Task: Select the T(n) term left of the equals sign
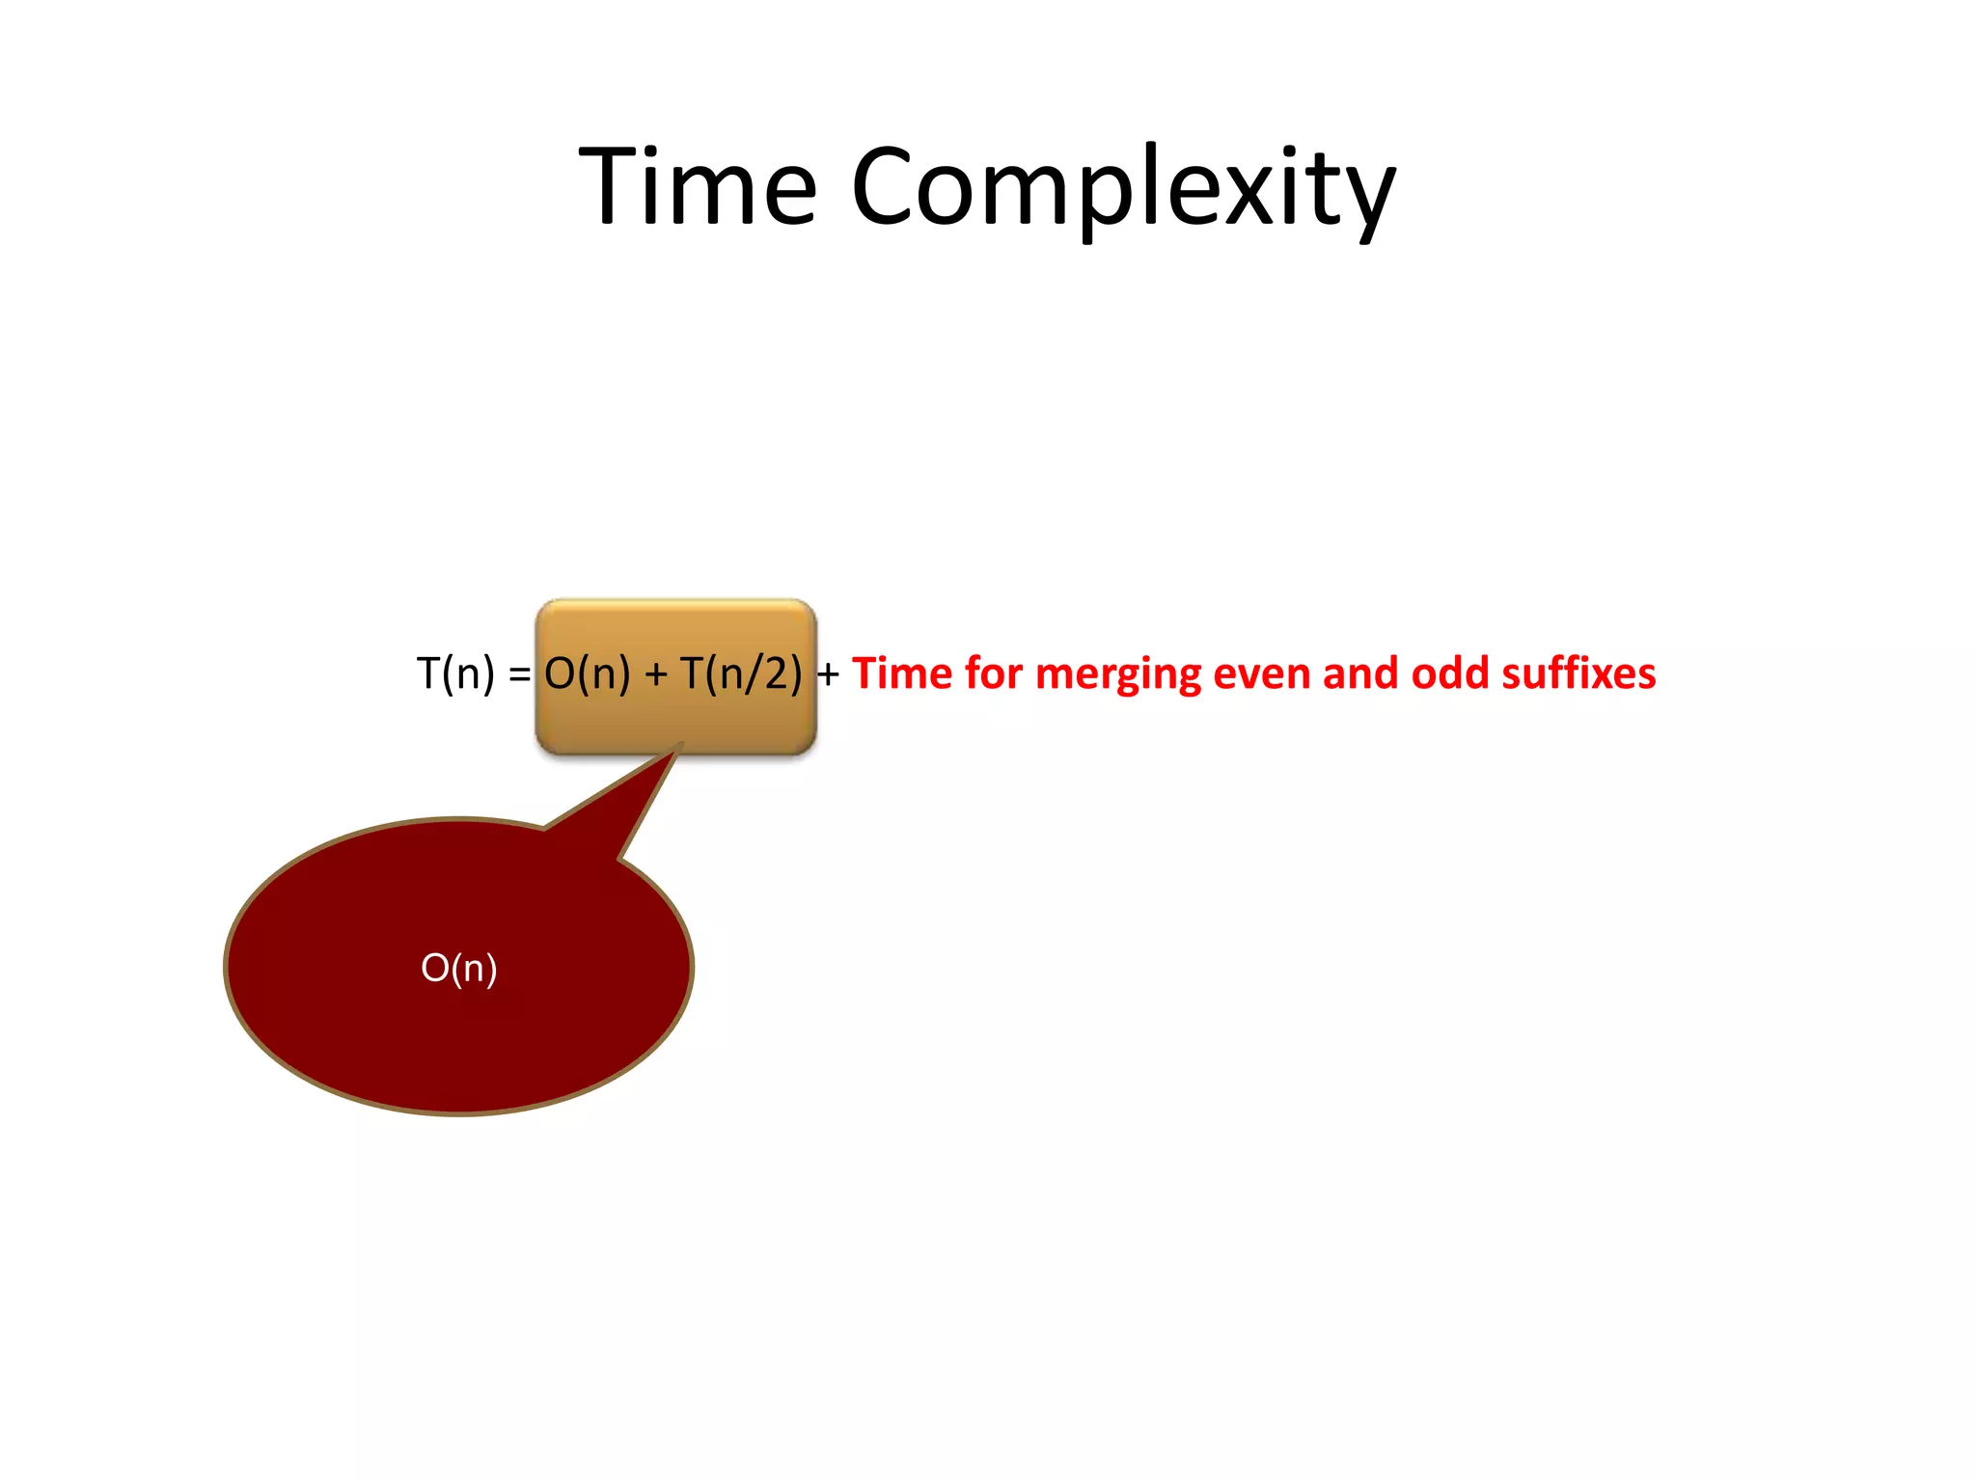tap(454, 673)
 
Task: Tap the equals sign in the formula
tap(519, 674)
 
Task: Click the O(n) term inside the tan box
tap(587, 673)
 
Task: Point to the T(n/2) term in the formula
tap(740, 673)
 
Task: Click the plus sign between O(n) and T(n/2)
tap(656, 674)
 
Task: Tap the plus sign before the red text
tap(828, 674)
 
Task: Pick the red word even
tap(1262, 673)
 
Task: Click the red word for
tap(994, 673)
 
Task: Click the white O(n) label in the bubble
tap(459, 968)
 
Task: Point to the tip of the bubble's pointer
tap(681, 744)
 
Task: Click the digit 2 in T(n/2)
tap(778, 673)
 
